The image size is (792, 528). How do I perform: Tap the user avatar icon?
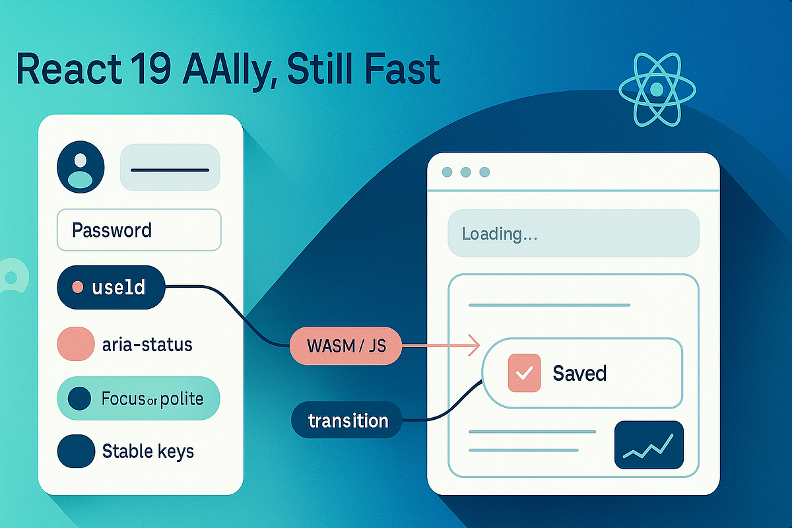(81, 167)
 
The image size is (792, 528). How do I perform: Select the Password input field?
(139, 230)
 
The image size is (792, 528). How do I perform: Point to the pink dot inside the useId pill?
(77, 287)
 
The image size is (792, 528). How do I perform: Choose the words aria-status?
(147, 344)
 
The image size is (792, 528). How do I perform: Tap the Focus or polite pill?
(139, 399)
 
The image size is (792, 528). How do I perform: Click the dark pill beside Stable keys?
(77, 451)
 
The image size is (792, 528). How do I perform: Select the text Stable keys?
(148, 451)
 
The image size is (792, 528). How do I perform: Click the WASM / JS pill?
(345, 345)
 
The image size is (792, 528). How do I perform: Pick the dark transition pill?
(347, 420)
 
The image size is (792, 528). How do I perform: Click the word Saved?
(579, 373)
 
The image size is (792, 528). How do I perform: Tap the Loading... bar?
(573, 234)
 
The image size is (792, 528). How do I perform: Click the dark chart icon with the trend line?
(649, 444)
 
